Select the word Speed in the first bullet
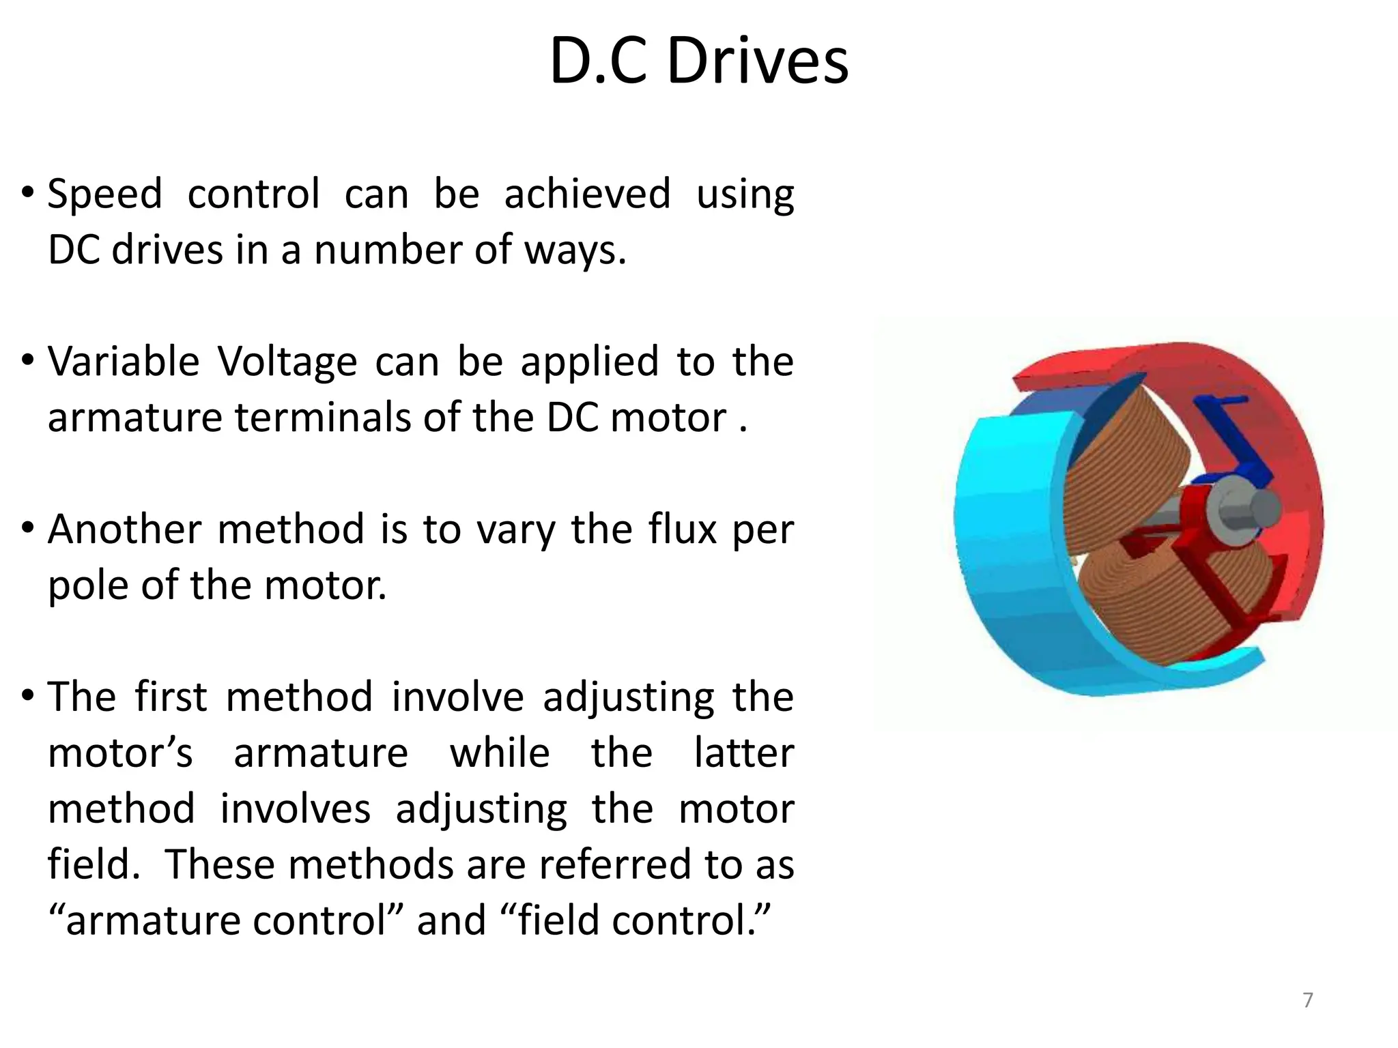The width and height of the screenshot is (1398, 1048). pyautogui.click(x=104, y=194)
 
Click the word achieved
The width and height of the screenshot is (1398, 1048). pyautogui.click(x=587, y=194)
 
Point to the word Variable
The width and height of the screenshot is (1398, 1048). pyautogui.click(x=124, y=362)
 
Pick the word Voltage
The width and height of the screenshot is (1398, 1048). pyautogui.click(x=287, y=362)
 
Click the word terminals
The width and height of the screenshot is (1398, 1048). pyautogui.click(x=325, y=418)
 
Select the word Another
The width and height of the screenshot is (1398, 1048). pyautogui.click(x=124, y=529)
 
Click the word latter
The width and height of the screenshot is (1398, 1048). pyautogui.click(x=744, y=753)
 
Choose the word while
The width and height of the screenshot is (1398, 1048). pyautogui.click(x=500, y=753)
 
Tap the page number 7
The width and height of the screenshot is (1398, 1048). pyautogui.click(x=1308, y=1000)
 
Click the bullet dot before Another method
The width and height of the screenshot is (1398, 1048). pyautogui.click(x=27, y=527)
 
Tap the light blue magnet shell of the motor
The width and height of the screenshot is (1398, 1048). pyautogui.click(x=1003, y=546)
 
